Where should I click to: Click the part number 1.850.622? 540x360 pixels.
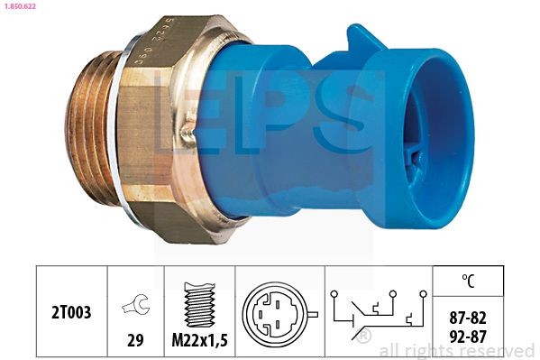(x=20, y=6)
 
